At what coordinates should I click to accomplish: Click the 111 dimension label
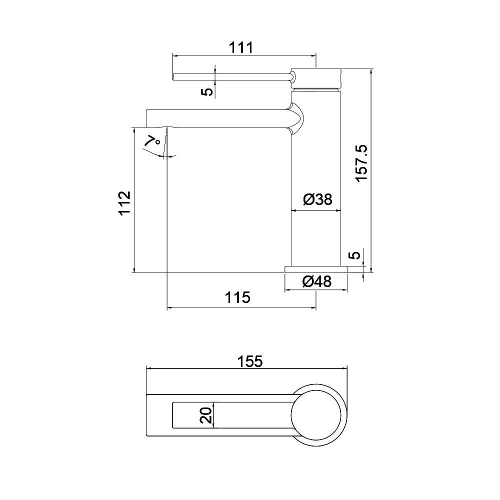point(241,47)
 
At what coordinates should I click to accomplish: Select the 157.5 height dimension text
point(362,163)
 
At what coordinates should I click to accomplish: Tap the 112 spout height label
point(125,203)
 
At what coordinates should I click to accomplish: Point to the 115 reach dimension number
point(237,297)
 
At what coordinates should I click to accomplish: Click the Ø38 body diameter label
point(317,199)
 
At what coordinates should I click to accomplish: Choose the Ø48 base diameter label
point(317,281)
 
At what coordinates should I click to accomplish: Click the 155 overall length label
point(250,361)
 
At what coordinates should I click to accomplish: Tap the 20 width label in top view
point(206,415)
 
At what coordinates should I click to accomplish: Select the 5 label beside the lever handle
point(207,92)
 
